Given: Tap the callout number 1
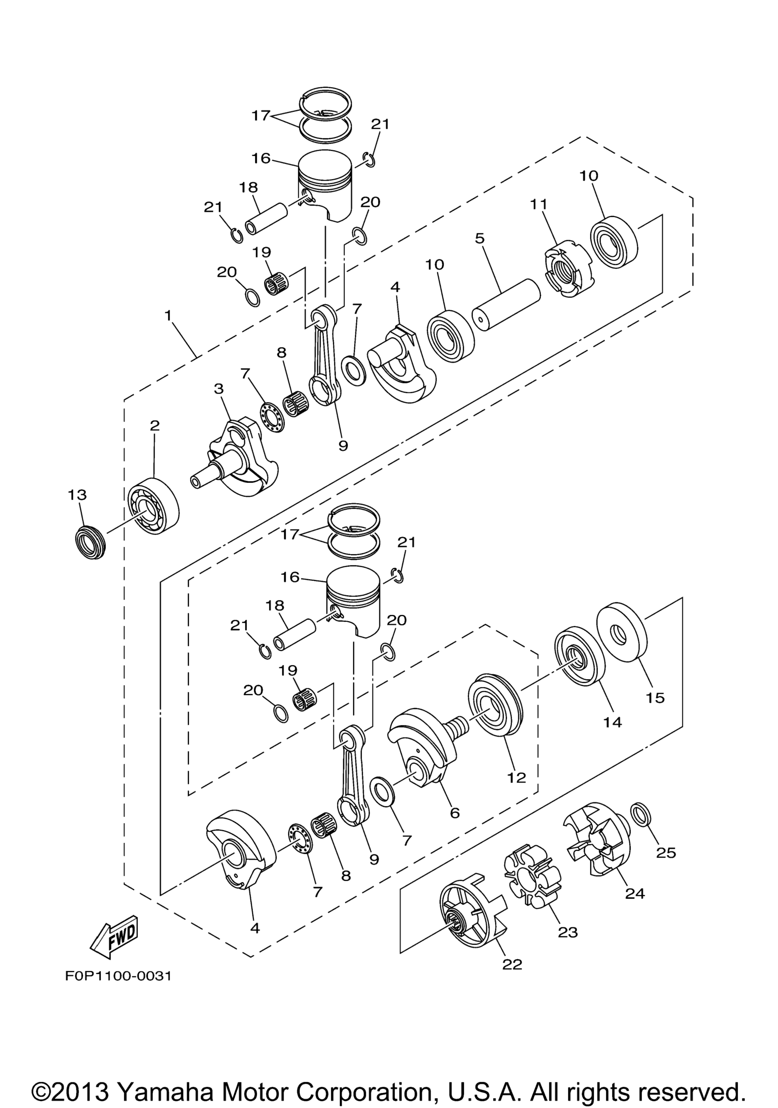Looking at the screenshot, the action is (168, 316).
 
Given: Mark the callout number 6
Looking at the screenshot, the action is (455, 813).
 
